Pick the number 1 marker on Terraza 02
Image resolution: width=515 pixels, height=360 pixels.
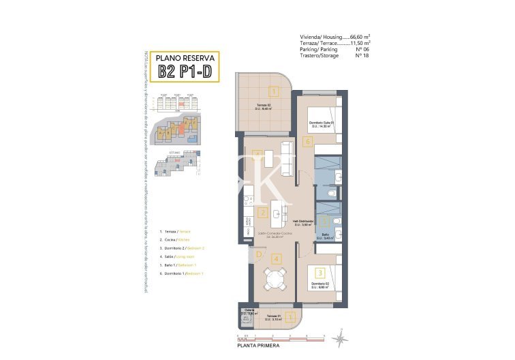click(273, 91)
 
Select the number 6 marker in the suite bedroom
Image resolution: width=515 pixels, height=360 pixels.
click(308, 142)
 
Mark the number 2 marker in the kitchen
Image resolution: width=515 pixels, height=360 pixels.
click(262, 212)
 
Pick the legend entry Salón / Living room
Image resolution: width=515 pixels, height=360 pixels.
click(176, 256)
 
